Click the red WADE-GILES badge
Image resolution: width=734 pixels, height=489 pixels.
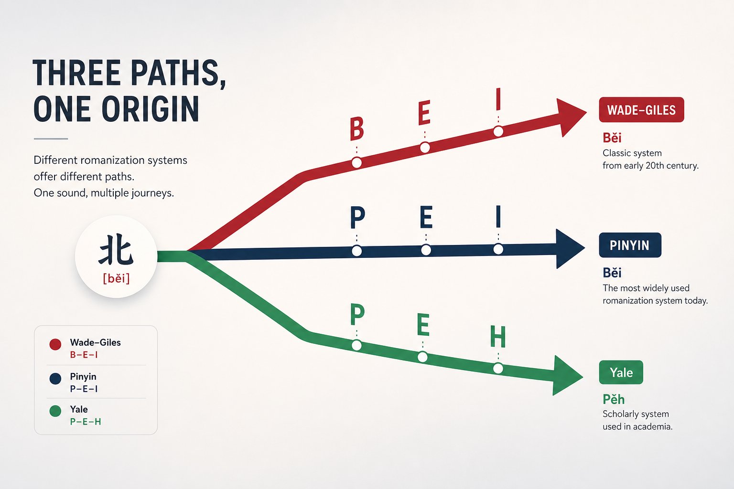click(x=641, y=110)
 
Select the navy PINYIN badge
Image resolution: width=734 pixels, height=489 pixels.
click(x=630, y=245)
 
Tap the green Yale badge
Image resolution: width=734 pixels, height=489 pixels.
click(x=621, y=372)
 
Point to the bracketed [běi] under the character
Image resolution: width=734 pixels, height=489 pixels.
click(x=116, y=278)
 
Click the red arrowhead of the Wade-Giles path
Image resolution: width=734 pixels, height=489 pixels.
click(x=571, y=117)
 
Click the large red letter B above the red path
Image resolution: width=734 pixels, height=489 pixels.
click(x=357, y=129)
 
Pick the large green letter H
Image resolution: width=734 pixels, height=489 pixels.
click(x=498, y=336)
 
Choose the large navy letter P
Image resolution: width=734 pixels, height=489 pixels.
click(x=357, y=217)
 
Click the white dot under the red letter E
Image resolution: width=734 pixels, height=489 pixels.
click(x=425, y=148)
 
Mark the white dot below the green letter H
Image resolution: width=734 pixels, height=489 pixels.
click(x=498, y=369)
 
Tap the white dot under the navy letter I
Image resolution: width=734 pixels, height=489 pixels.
click(x=498, y=249)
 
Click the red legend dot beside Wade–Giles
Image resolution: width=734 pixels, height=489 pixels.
click(x=55, y=344)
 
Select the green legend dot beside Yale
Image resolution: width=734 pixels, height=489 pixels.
click(x=55, y=411)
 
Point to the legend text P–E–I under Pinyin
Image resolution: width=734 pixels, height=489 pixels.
click(x=84, y=389)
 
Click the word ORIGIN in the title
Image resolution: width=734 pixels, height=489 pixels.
click(x=150, y=109)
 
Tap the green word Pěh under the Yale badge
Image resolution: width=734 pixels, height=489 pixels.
click(x=614, y=399)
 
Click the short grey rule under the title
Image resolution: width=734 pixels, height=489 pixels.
click(x=51, y=139)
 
